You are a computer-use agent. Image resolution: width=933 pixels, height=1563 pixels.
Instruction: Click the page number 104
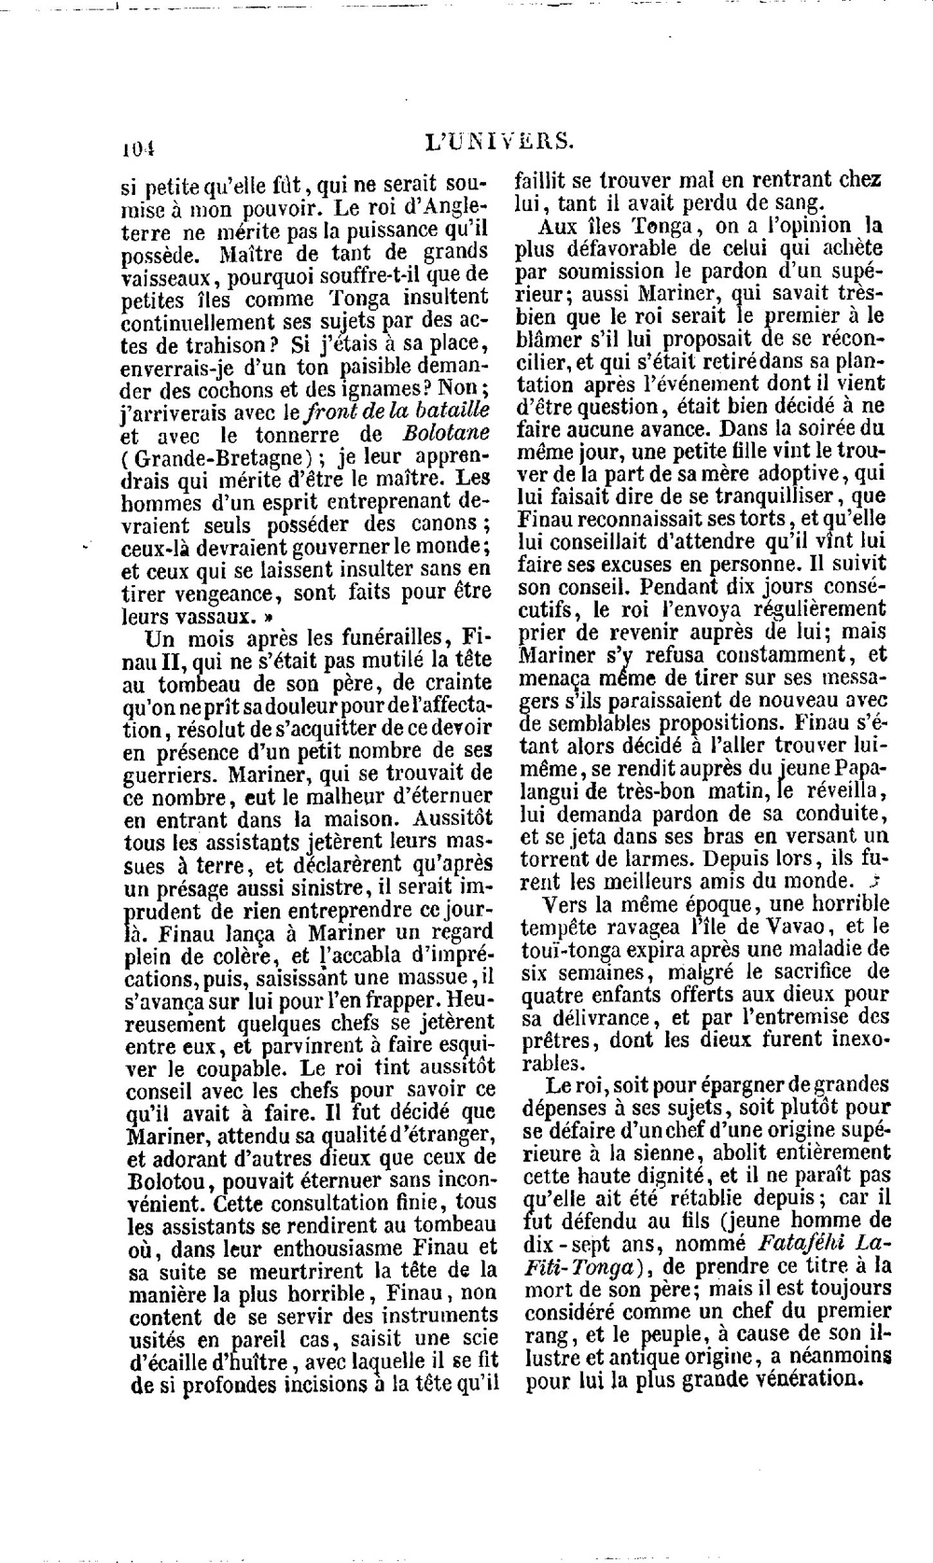136,147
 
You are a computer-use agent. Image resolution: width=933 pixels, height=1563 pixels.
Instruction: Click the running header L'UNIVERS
498,142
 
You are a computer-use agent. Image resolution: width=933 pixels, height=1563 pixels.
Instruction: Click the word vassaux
202,617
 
